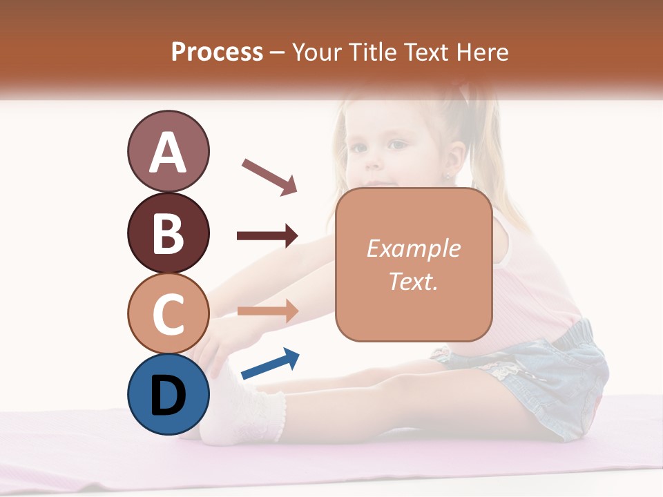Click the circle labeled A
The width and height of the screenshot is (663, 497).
click(x=168, y=152)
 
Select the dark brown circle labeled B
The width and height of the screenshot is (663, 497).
click(x=168, y=233)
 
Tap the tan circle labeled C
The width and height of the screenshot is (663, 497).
click(x=168, y=313)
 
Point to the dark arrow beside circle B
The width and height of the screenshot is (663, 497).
click(x=267, y=236)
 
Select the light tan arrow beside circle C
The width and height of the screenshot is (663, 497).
click(x=267, y=311)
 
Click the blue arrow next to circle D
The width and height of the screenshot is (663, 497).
click(x=270, y=364)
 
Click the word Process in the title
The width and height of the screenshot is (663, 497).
click(x=217, y=52)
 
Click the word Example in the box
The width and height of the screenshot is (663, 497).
click(x=413, y=248)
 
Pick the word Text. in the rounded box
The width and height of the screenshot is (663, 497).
click(x=413, y=281)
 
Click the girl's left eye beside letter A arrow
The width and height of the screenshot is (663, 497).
click(x=398, y=144)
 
